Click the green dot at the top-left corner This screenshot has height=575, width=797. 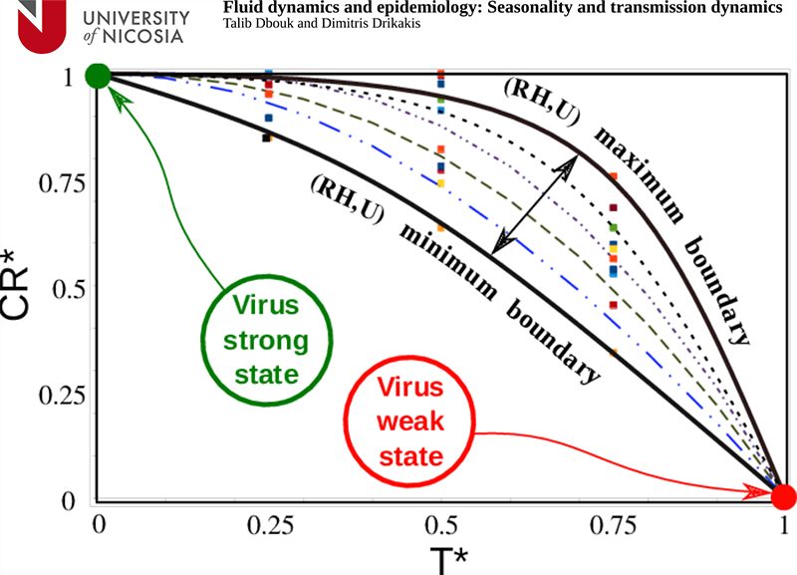(98, 75)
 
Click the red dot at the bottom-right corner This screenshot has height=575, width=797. (784, 495)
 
